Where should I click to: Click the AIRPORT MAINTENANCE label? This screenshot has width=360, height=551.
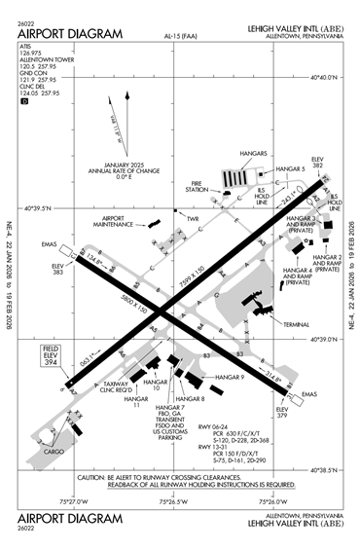[114, 220]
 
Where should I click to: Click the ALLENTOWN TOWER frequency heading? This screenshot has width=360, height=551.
[43, 61]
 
